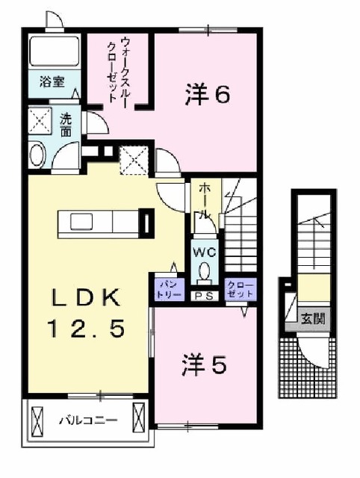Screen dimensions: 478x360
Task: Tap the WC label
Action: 202,252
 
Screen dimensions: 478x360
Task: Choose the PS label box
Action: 202,294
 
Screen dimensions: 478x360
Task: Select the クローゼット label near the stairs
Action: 240,289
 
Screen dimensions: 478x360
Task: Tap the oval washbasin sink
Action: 37,156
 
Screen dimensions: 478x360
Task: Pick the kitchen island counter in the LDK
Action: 105,222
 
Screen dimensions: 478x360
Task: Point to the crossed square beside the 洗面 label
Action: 40,119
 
